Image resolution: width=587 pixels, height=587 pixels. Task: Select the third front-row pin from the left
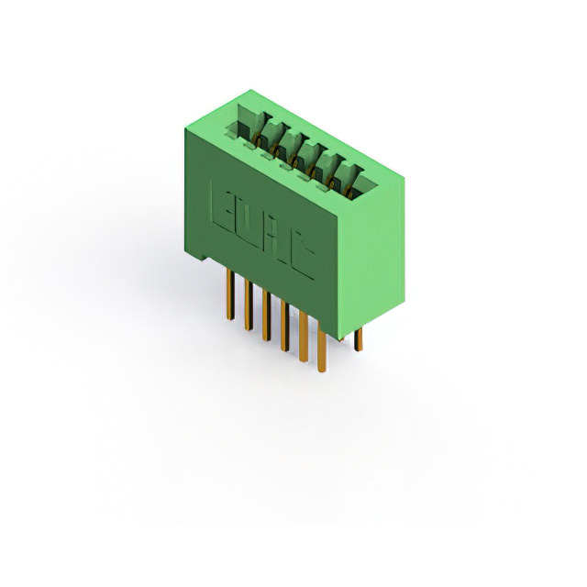pos(265,316)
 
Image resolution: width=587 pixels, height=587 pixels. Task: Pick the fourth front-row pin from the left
pos(283,327)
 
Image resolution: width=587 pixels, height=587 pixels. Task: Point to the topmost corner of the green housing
pos(249,90)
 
